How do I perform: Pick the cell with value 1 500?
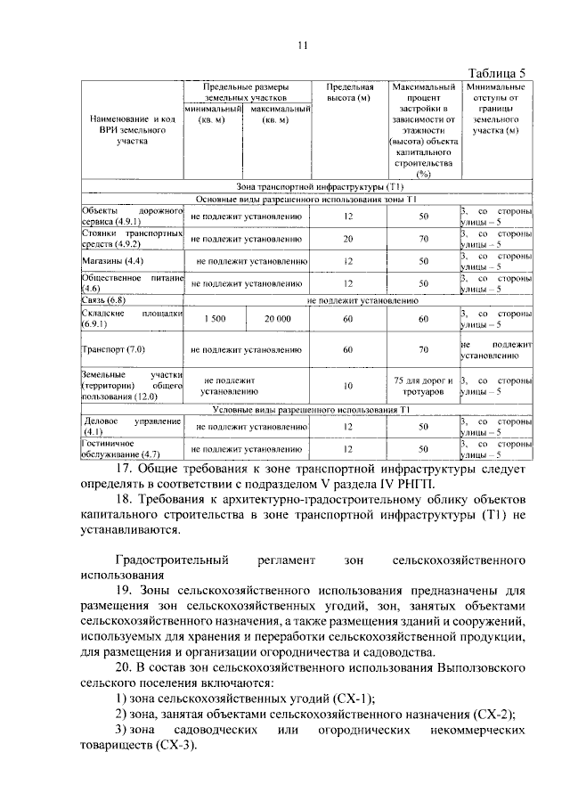click(215, 318)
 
